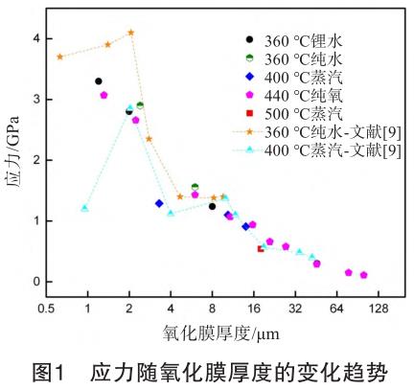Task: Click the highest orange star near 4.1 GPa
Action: click(x=130, y=33)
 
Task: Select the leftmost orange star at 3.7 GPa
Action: click(x=60, y=57)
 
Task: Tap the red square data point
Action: click(x=261, y=249)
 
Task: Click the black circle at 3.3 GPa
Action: click(x=99, y=81)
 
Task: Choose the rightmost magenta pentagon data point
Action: click(x=364, y=275)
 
